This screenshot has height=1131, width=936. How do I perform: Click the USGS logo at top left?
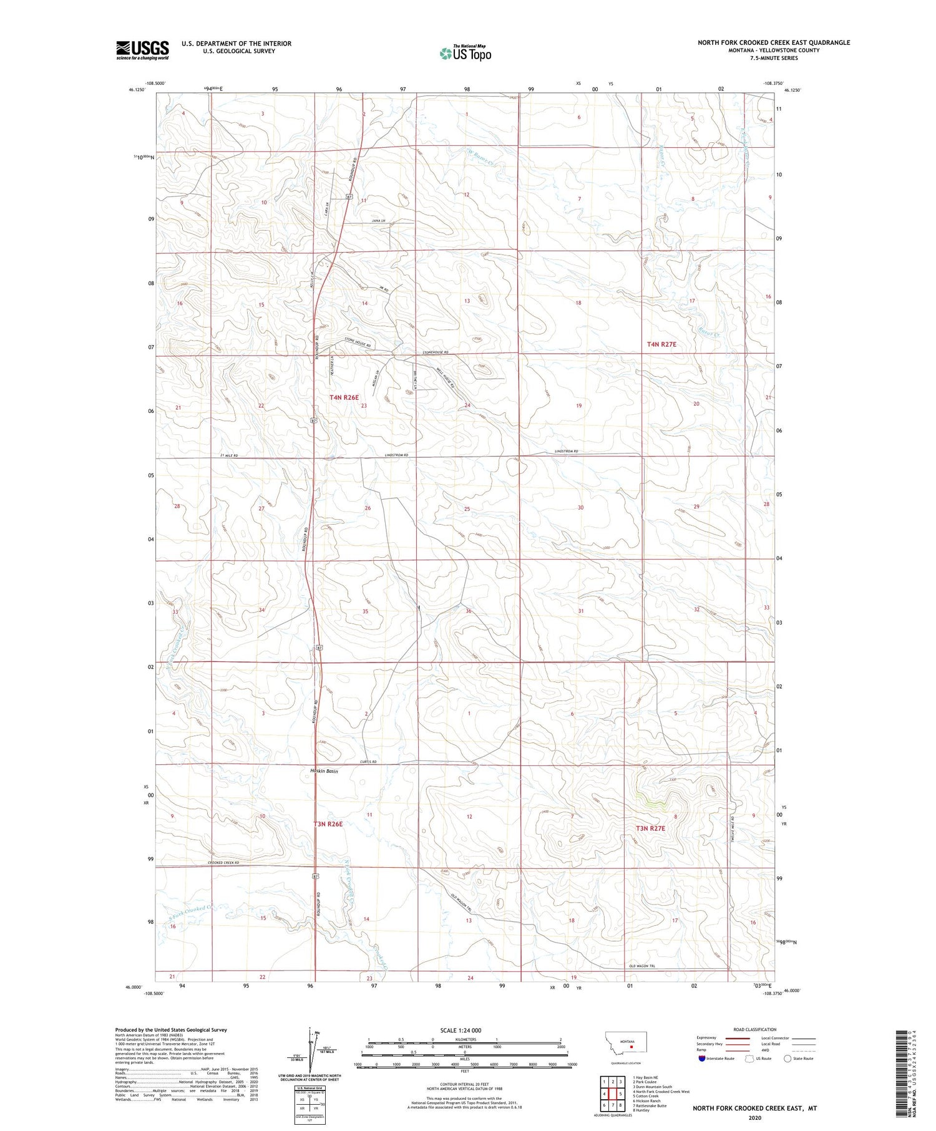click(x=142, y=50)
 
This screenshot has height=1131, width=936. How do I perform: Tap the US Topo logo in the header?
click(x=465, y=53)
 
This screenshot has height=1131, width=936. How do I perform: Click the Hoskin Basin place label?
click(x=324, y=771)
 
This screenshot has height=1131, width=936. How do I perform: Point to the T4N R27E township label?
click(x=661, y=344)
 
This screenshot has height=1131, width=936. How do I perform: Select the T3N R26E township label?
click(x=328, y=824)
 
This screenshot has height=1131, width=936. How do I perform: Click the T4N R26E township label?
click(x=344, y=397)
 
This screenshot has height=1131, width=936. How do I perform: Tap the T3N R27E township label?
click(x=650, y=828)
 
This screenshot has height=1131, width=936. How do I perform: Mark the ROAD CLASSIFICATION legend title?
click(x=755, y=1029)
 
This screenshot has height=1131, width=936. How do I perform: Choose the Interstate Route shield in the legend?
click(x=702, y=1058)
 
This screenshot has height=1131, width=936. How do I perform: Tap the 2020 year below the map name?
click(x=754, y=1117)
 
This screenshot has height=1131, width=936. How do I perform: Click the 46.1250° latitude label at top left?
click(x=137, y=90)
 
